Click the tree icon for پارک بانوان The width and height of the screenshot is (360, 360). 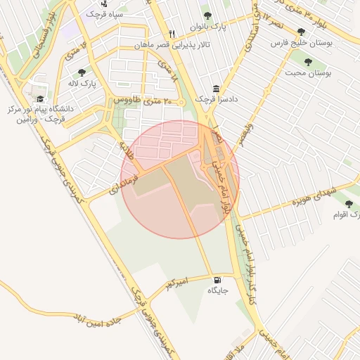coord(207,15)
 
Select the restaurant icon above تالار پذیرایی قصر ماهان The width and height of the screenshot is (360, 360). coord(172,34)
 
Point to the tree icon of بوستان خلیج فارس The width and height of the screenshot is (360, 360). coord(302,32)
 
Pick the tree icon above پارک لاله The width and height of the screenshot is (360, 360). coord(82,72)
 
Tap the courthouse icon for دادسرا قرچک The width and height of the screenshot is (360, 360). coord(216,88)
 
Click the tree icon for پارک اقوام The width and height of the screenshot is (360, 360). coord(349,204)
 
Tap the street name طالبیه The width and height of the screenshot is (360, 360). coord(127,150)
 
